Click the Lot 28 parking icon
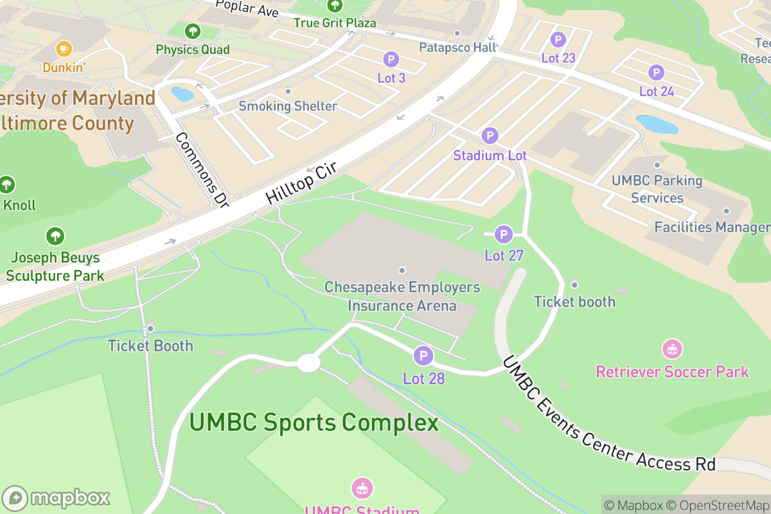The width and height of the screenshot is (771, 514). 423,355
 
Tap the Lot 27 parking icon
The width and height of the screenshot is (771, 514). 504,234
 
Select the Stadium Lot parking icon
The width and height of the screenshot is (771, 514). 490,136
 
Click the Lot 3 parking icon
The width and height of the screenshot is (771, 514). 391,60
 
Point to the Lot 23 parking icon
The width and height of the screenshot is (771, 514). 558,39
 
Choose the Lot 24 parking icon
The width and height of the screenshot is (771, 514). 656,73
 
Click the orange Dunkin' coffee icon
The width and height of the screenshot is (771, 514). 63,48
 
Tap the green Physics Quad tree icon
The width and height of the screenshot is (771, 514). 191,31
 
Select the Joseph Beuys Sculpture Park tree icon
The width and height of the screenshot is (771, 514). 55,236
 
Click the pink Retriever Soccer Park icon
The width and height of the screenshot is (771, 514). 672,350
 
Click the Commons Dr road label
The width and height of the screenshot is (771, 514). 202,170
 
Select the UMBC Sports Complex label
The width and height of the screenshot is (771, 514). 314,423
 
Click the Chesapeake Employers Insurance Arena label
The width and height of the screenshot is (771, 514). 402,296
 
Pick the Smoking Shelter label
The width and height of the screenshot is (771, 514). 288,106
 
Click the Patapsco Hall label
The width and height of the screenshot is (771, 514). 457,47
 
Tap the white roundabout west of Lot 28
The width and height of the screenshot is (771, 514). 309,363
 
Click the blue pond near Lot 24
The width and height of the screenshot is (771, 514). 657,124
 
